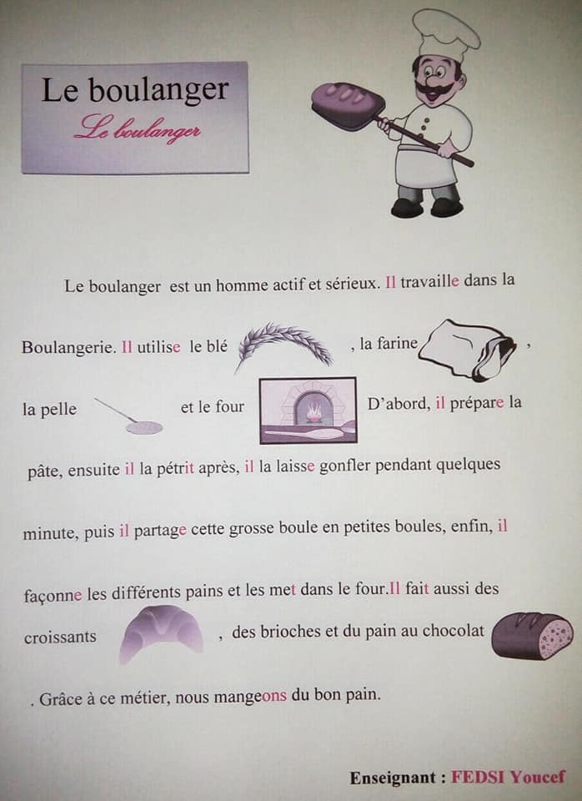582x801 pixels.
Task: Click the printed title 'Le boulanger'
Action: tap(134, 90)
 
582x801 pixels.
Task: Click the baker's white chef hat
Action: tap(446, 33)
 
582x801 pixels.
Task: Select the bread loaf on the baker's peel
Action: tap(347, 103)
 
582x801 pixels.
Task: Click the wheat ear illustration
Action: tap(284, 345)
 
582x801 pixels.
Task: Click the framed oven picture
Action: tap(308, 410)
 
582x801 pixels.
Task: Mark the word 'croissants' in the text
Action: tap(59, 637)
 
